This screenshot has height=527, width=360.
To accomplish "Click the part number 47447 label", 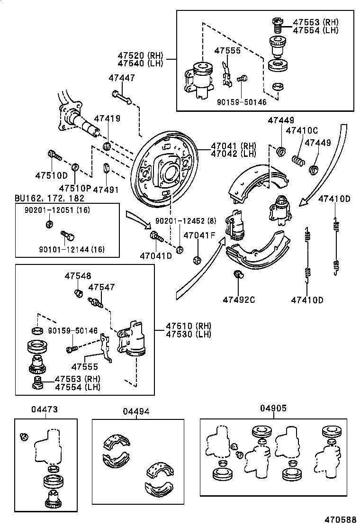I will tap(121, 78).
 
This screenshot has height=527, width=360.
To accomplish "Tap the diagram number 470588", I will tap(340, 519).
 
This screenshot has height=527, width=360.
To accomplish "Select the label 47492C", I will tap(239, 300).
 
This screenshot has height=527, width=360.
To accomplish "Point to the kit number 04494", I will tap(136, 411).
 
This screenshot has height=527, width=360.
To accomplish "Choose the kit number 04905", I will tap(273, 408).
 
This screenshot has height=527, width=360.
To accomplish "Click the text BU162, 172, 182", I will tap(49, 198).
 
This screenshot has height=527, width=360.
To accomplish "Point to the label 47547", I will tap(101, 287).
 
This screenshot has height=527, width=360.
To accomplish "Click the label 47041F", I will tap(199, 235).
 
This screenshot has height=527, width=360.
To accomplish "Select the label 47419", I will tap(107, 118).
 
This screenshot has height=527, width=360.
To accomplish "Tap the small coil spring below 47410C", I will tap(298, 160).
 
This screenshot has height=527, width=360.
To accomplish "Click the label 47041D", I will tap(156, 256).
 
